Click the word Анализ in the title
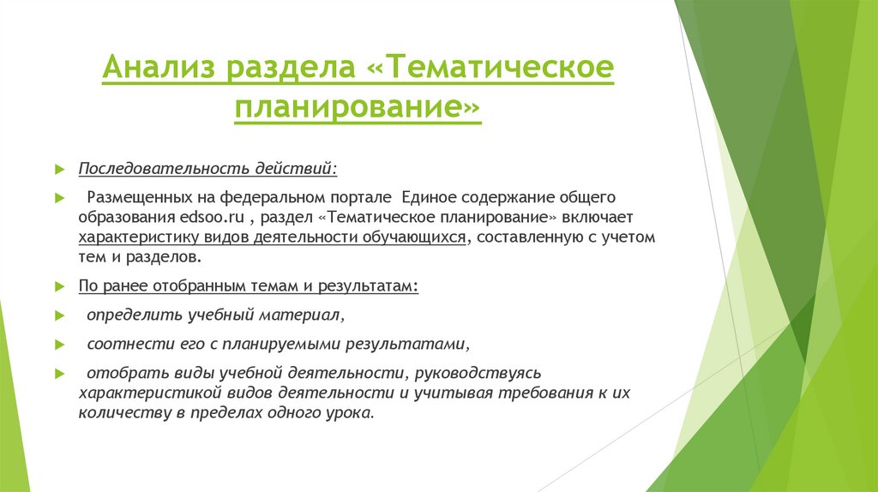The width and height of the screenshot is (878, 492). [158, 69]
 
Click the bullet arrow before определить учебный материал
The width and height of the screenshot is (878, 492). [59, 316]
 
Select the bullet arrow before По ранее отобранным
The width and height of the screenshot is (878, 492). [59, 286]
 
